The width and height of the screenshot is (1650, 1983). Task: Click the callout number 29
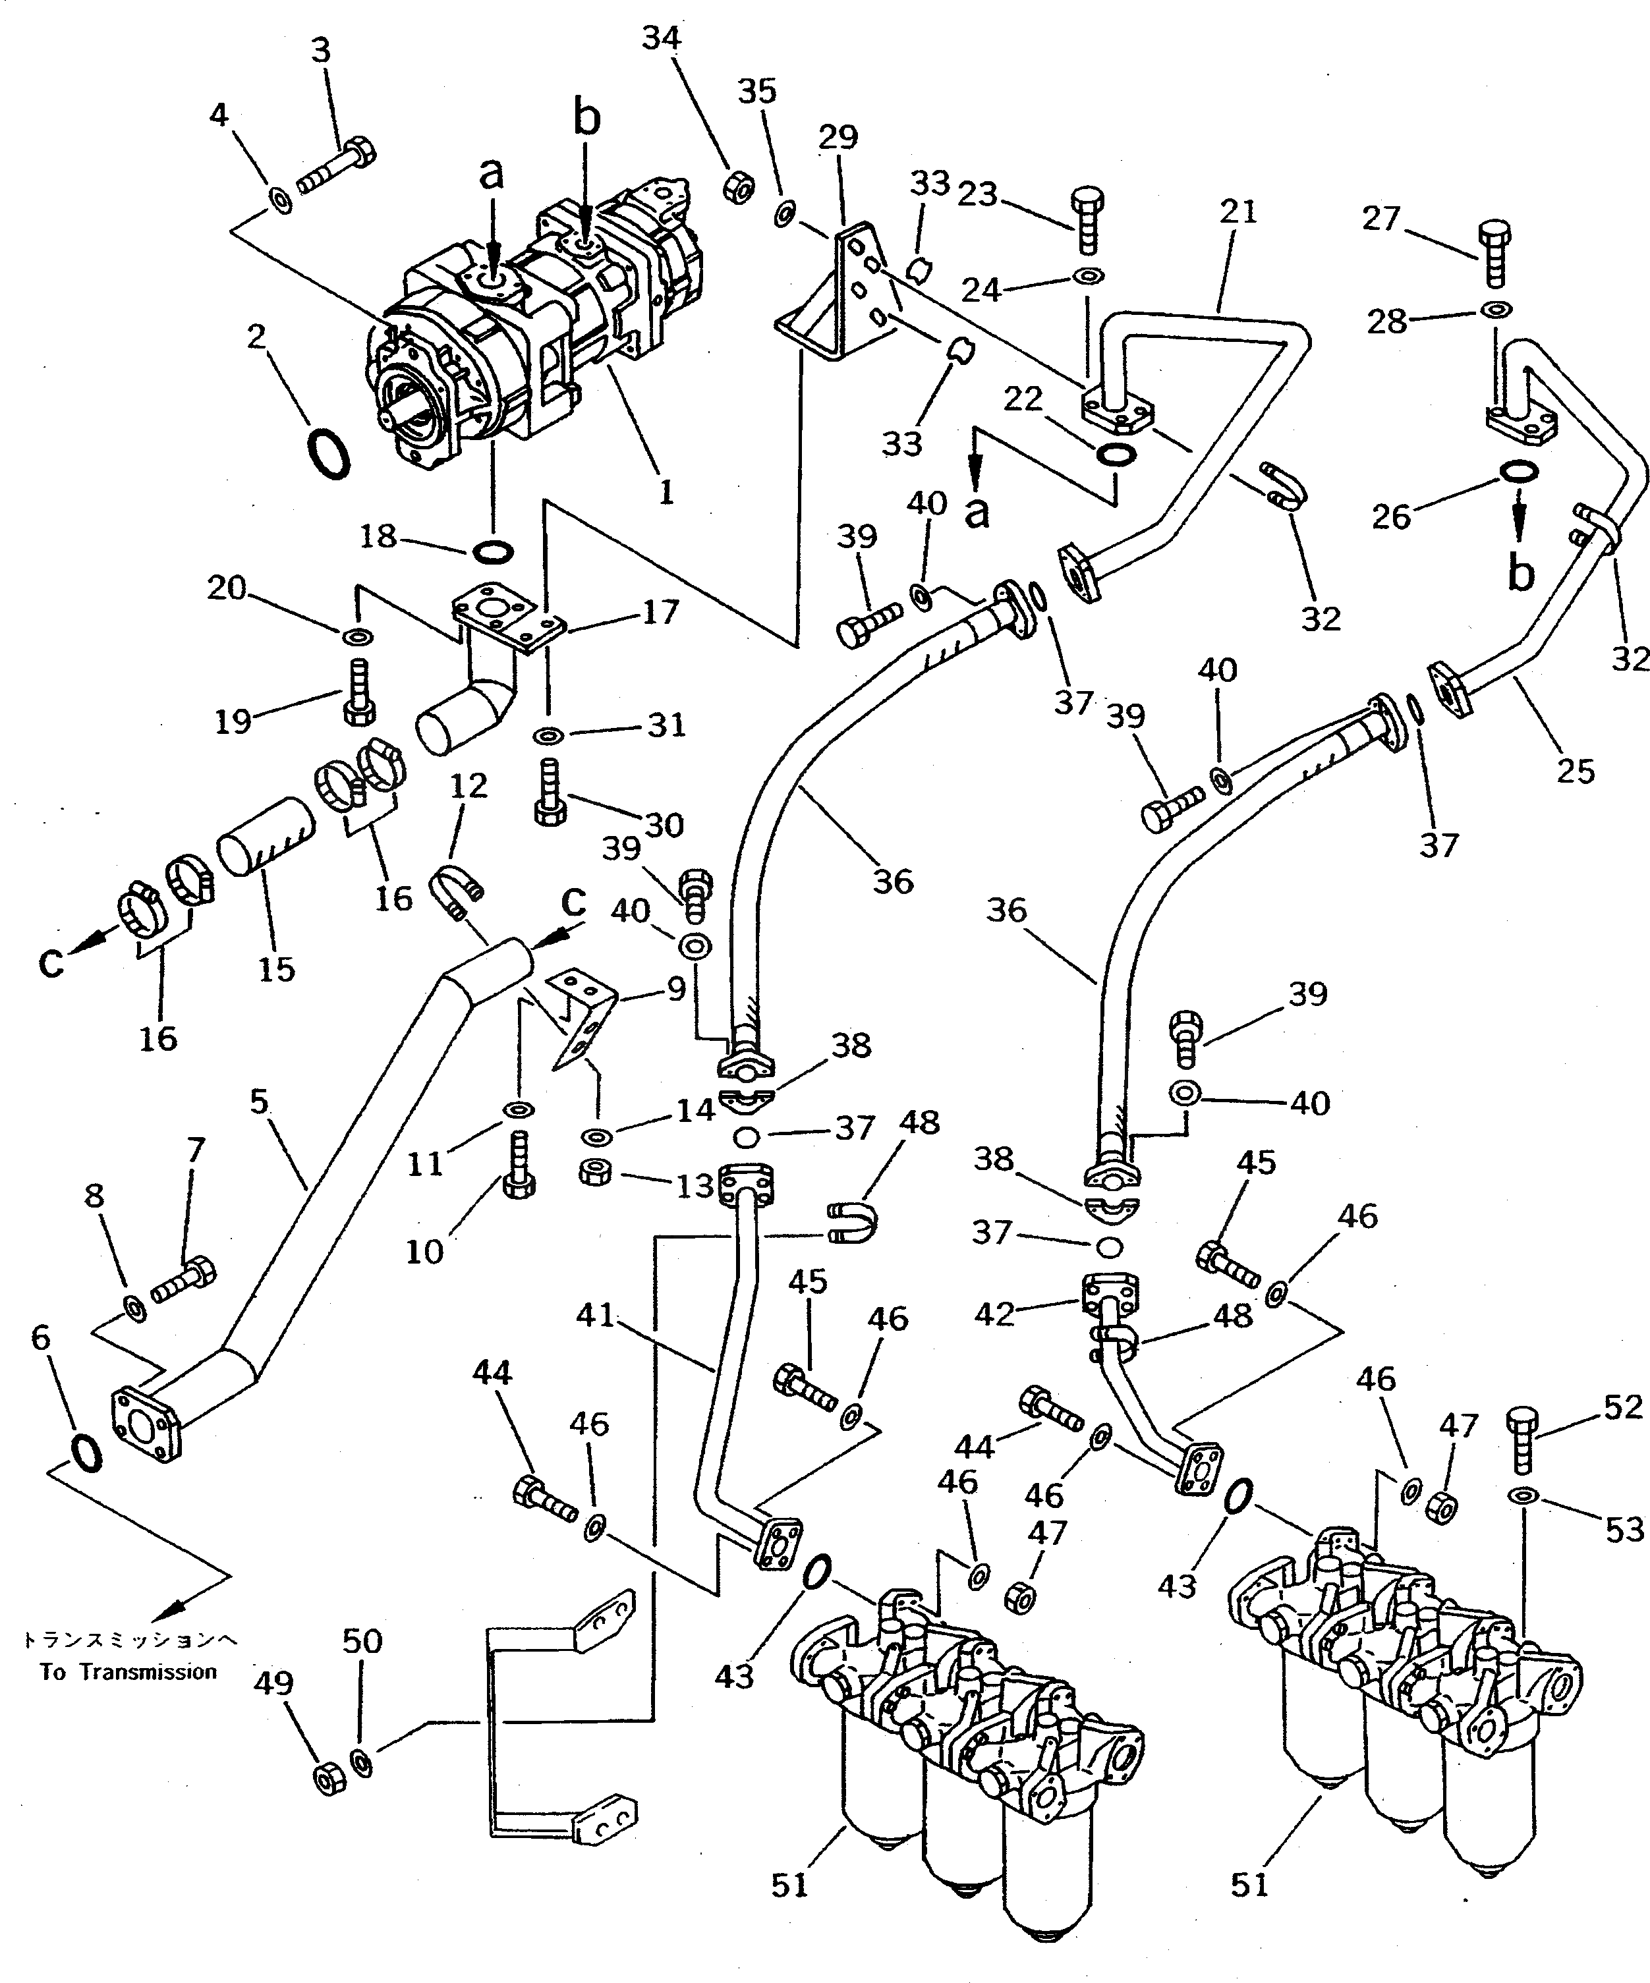[837, 138]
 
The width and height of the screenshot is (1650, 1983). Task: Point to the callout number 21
[1237, 211]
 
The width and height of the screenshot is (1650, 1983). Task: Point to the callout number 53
[1624, 1530]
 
